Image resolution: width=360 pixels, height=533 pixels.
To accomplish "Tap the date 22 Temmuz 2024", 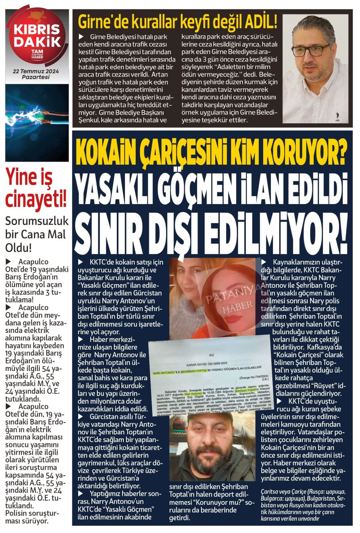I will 36,71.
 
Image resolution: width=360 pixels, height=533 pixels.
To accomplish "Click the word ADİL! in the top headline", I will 261,22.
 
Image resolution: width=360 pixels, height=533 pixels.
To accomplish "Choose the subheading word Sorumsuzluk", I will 37,221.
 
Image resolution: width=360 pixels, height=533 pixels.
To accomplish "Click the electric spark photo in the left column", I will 37,123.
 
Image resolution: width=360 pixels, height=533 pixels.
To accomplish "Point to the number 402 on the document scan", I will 211,355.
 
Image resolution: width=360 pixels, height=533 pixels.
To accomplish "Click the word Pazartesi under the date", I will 36,77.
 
